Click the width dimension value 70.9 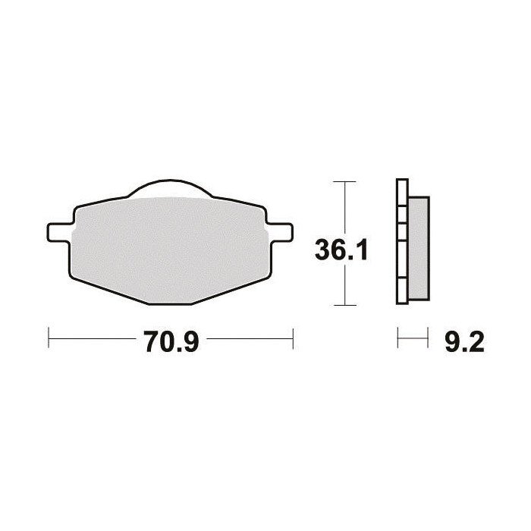pos(171,341)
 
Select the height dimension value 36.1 pos(341,250)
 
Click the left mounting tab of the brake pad pos(60,232)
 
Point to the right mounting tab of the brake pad pos(280,232)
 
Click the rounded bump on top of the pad pos(170,187)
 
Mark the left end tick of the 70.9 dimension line pos(49,338)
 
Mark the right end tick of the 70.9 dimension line pos(293,338)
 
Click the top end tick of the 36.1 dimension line pos(344,182)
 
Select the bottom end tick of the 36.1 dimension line pos(344,305)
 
